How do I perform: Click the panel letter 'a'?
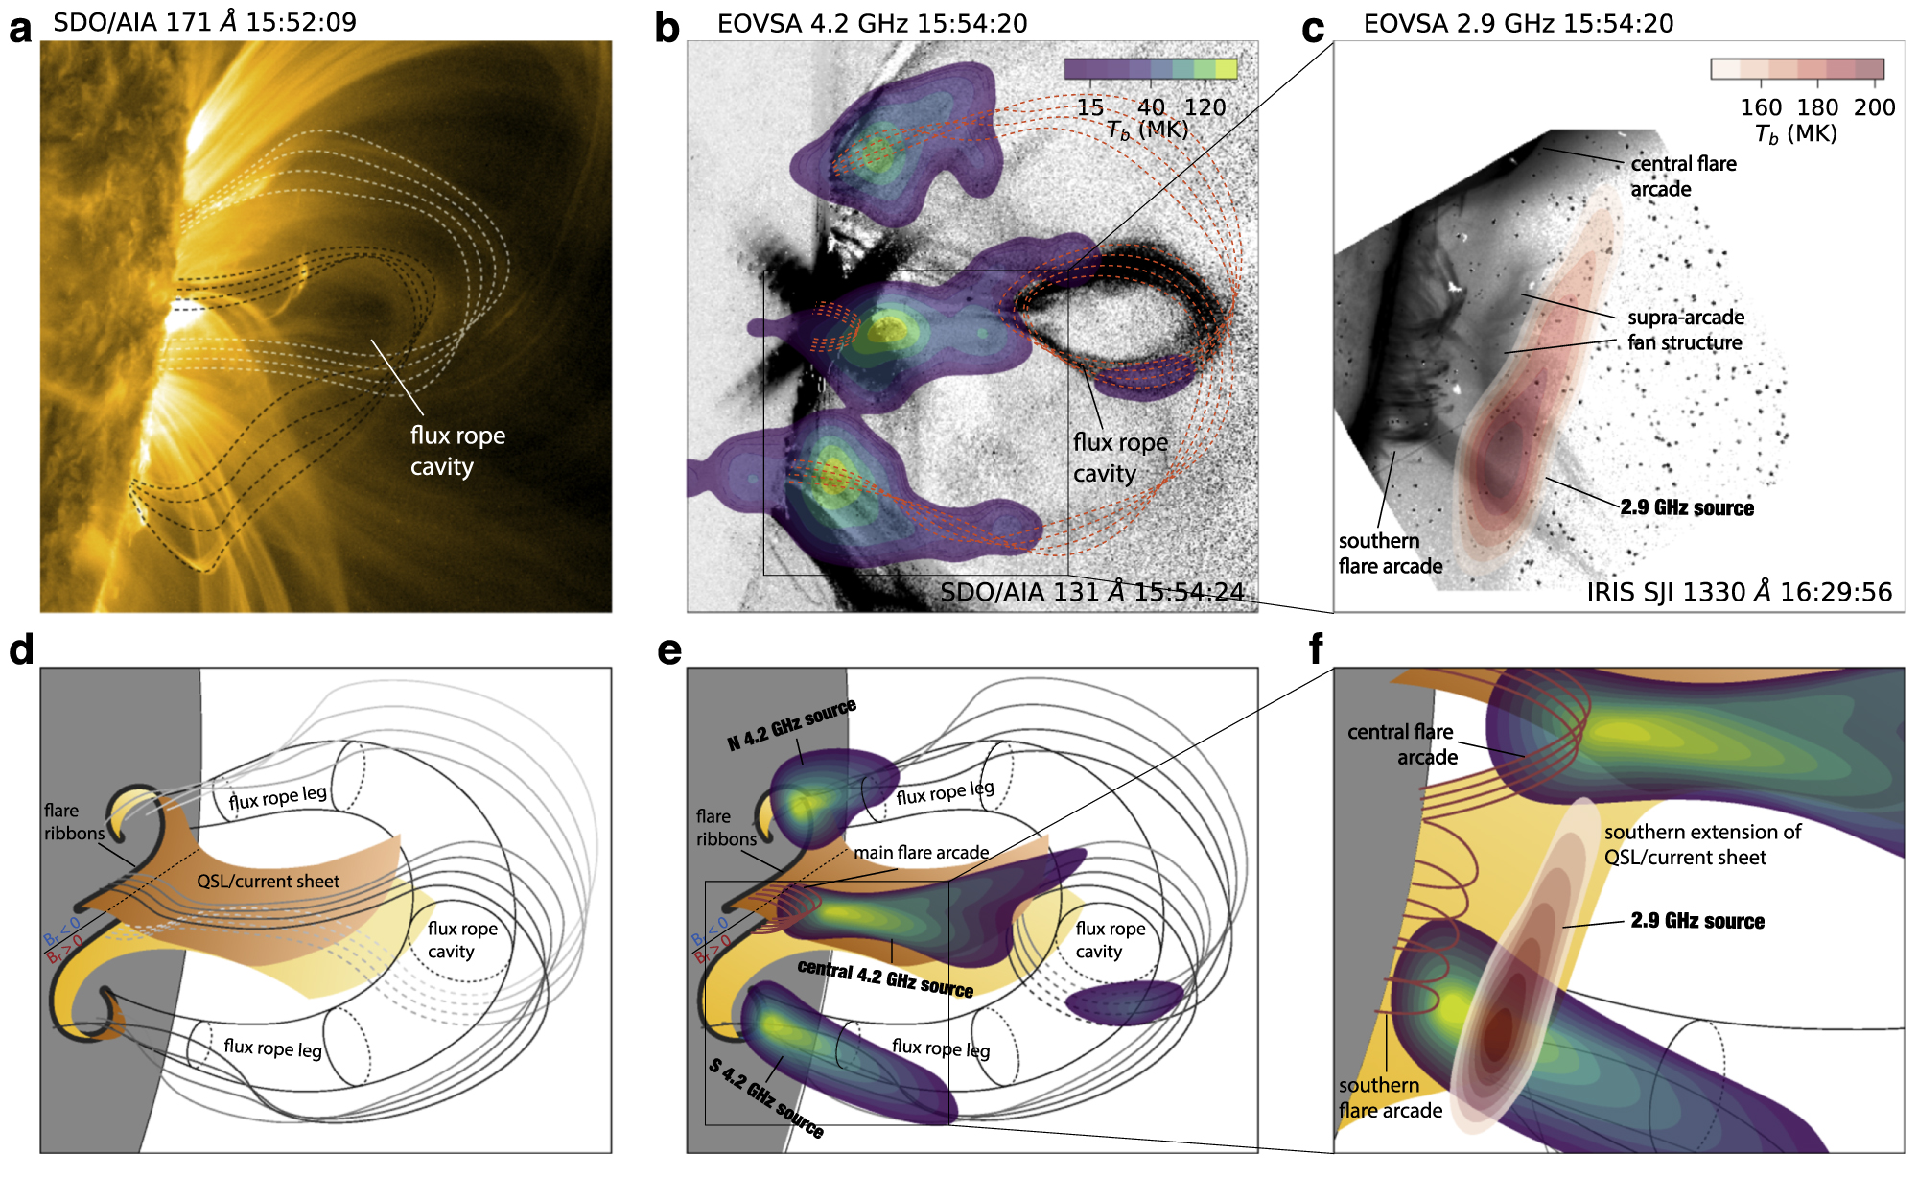[x=19, y=29]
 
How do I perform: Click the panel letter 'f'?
[x=1316, y=649]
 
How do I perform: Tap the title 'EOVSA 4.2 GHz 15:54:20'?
[x=872, y=23]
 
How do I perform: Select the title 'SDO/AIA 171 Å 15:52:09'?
[x=204, y=22]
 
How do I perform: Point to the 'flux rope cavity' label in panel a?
[x=456, y=451]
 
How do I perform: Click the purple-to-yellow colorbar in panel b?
[x=1150, y=69]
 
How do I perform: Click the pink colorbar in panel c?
[x=1797, y=69]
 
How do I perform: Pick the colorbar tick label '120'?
[x=1205, y=107]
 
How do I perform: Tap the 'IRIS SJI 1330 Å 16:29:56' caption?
[x=1739, y=592]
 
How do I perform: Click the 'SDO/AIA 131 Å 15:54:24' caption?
[x=1091, y=592]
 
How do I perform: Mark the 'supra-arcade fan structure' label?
[x=1685, y=330]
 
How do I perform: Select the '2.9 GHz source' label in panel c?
[x=1687, y=508]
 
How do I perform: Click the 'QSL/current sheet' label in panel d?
[x=268, y=882]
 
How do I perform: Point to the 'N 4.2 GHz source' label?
[x=791, y=724]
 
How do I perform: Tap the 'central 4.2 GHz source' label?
[x=885, y=978]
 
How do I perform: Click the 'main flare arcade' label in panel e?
[x=921, y=852]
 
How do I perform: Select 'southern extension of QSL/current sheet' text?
[x=1701, y=844]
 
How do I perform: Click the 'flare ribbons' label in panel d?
[x=73, y=822]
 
